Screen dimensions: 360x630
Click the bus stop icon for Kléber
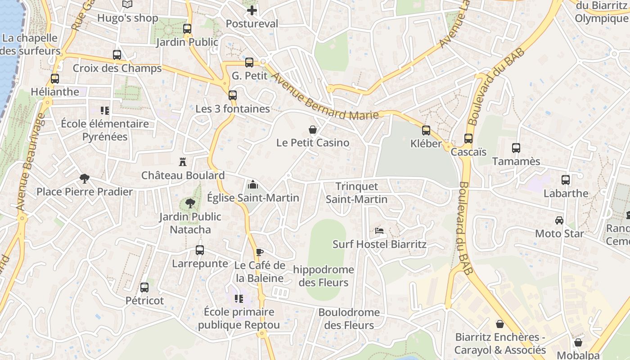426,130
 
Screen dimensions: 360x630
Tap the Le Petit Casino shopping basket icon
313,130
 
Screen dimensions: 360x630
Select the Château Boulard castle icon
183,162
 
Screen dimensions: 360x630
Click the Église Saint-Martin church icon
253,184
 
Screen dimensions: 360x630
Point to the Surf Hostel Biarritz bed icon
379,231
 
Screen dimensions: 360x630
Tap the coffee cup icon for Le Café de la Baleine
259,252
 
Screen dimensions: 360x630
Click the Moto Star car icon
559,220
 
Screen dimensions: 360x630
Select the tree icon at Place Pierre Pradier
84,179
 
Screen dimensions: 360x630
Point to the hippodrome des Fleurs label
323,276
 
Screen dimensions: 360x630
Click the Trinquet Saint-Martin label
356,193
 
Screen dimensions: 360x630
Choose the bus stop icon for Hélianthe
55,79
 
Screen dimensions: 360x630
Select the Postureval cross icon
252,10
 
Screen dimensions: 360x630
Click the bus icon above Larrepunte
200,250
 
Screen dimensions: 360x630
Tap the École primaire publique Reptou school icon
238,298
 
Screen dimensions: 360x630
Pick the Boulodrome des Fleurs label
349,319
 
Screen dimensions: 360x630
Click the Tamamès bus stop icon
516,148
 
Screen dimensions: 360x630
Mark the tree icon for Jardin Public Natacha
190,203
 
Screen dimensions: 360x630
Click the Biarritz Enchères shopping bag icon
499,324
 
